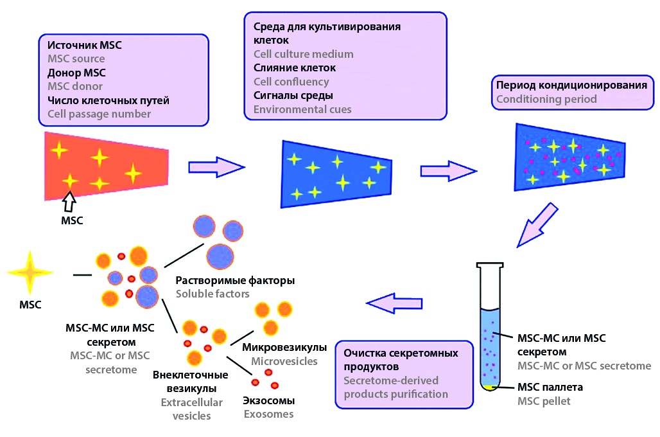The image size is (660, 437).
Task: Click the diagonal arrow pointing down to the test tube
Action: pos(539,225)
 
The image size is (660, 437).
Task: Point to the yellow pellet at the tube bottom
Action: pos(491,387)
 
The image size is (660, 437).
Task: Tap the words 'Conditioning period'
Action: pos(546,100)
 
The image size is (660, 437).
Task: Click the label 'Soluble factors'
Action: pos(213,294)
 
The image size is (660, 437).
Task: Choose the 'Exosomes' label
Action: pos(268,414)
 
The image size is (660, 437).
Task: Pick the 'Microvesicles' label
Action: pos(284,361)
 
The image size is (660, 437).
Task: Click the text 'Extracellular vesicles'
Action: pos(191,409)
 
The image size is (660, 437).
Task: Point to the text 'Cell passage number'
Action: pos(99,114)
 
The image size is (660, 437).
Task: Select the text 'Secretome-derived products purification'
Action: pos(395,388)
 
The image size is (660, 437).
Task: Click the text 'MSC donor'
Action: pos(74,86)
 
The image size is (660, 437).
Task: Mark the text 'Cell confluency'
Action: pos(291,82)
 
